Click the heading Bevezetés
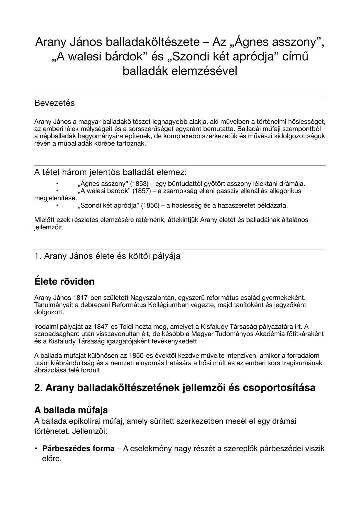pyautogui.click(x=54, y=103)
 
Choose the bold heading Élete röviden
pyautogui.click(x=64, y=281)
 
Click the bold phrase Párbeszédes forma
pyautogui.click(x=78, y=449)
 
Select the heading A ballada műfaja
pyautogui.click(x=71, y=410)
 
